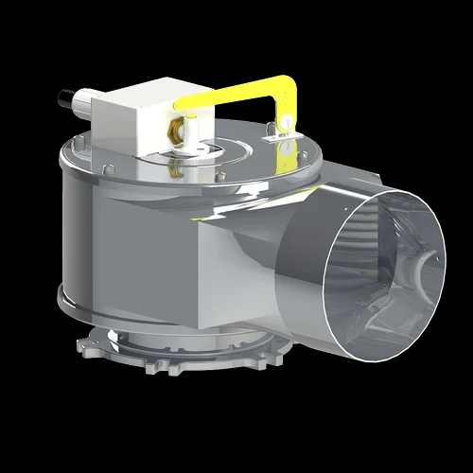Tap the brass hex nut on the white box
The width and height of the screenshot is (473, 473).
point(175,124)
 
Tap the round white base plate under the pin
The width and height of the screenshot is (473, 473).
point(194,149)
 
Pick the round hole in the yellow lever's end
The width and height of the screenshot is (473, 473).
point(280,121)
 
